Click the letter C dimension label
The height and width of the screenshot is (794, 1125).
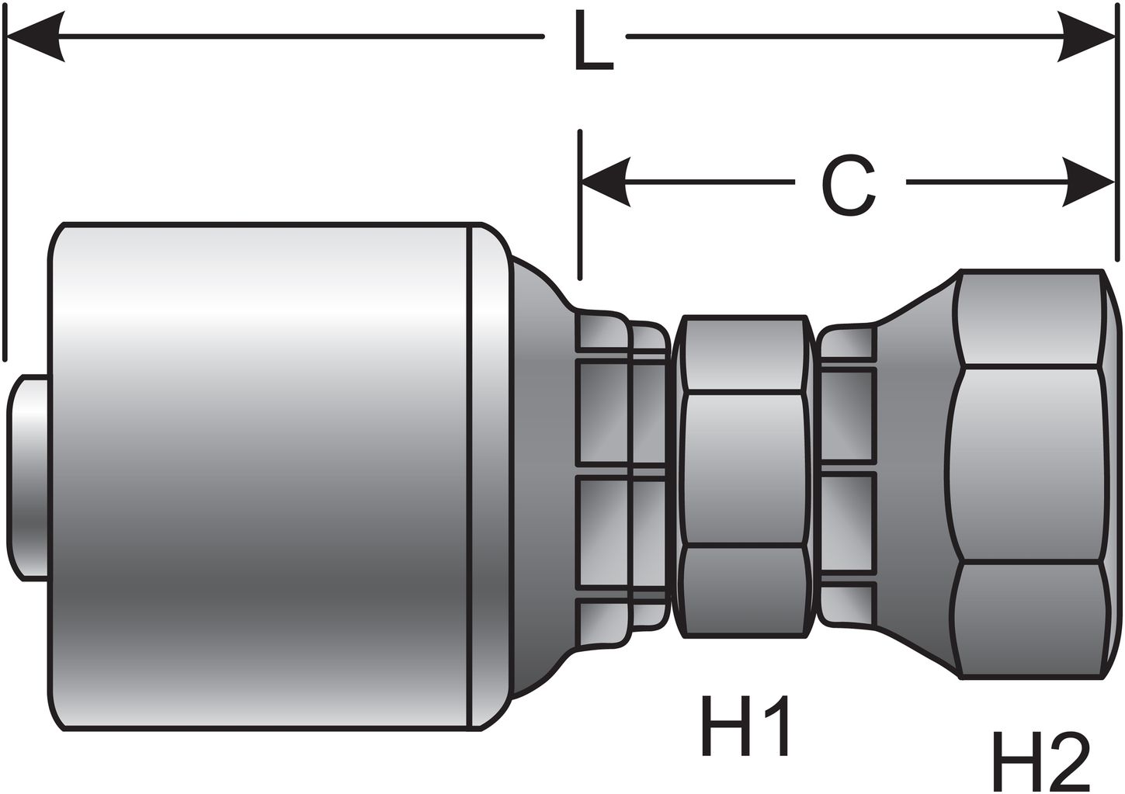coord(849,186)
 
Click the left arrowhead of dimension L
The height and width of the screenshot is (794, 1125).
coord(35,36)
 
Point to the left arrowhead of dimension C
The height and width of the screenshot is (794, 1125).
coord(606,182)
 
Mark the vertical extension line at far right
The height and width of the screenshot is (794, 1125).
coord(1119,155)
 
